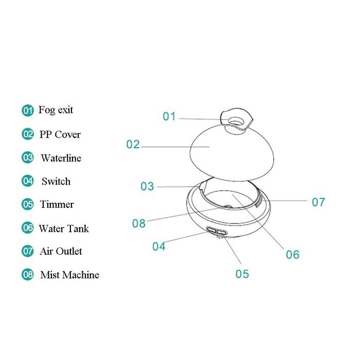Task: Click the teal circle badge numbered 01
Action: [x=28, y=111]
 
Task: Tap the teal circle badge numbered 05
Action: [x=28, y=204]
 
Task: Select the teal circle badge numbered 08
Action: [x=28, y=274]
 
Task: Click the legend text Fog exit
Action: [x=56, y=110]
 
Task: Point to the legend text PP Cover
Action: [x=60, y=135]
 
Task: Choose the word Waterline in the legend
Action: [x=61, y=158]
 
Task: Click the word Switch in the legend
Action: [x=56, y=182]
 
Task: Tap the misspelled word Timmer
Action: [x=57, y=204]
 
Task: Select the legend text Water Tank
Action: [x=64, y=228]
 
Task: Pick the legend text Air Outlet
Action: [x=61, y=251]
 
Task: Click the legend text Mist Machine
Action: [x=69, y=275]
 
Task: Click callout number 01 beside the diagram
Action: [x=169, y=116]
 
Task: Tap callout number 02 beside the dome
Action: [x=133, y=145]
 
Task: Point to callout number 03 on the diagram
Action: [x=147, y=186]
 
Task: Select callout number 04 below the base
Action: [x=159, y=246]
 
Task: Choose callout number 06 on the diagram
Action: [x=293, y=255]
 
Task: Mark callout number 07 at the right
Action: [x=318, y=202]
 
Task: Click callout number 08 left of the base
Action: [x=139, y=223]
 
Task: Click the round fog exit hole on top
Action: [x=236, y=121]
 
